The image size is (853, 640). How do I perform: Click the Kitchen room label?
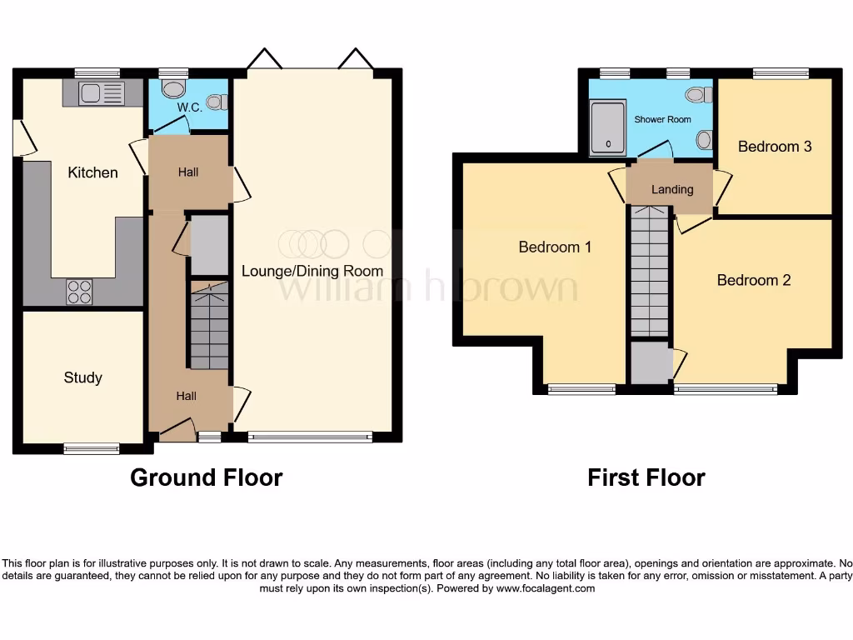[x=92, y=172]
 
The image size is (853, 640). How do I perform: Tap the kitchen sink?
[x=101, y=92]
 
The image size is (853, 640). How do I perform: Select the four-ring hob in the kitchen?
[x=80, y=292]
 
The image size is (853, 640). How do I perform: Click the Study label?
[x=82, y=377]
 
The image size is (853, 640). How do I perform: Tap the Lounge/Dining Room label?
[x=312, y=271]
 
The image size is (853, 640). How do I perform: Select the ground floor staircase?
[x=209, y=326]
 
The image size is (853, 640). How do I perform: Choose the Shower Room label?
[x=662, y=119]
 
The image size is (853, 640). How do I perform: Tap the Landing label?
[x=672, y=189]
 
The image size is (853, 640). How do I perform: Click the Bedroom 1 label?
[x=555, y=247]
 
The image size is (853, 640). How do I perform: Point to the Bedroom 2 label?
[x=754, y=280]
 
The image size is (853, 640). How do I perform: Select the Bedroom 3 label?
[x=775, y=146]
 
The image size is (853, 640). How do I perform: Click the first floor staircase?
[x=650, y=271]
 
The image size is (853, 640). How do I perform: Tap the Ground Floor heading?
[x=206, y=477]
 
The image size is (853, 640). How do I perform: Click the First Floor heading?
[x=646, y=477]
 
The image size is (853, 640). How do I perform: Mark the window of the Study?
[x=92, y=449]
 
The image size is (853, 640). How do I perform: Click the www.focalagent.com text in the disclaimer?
[x=546, y=588]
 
